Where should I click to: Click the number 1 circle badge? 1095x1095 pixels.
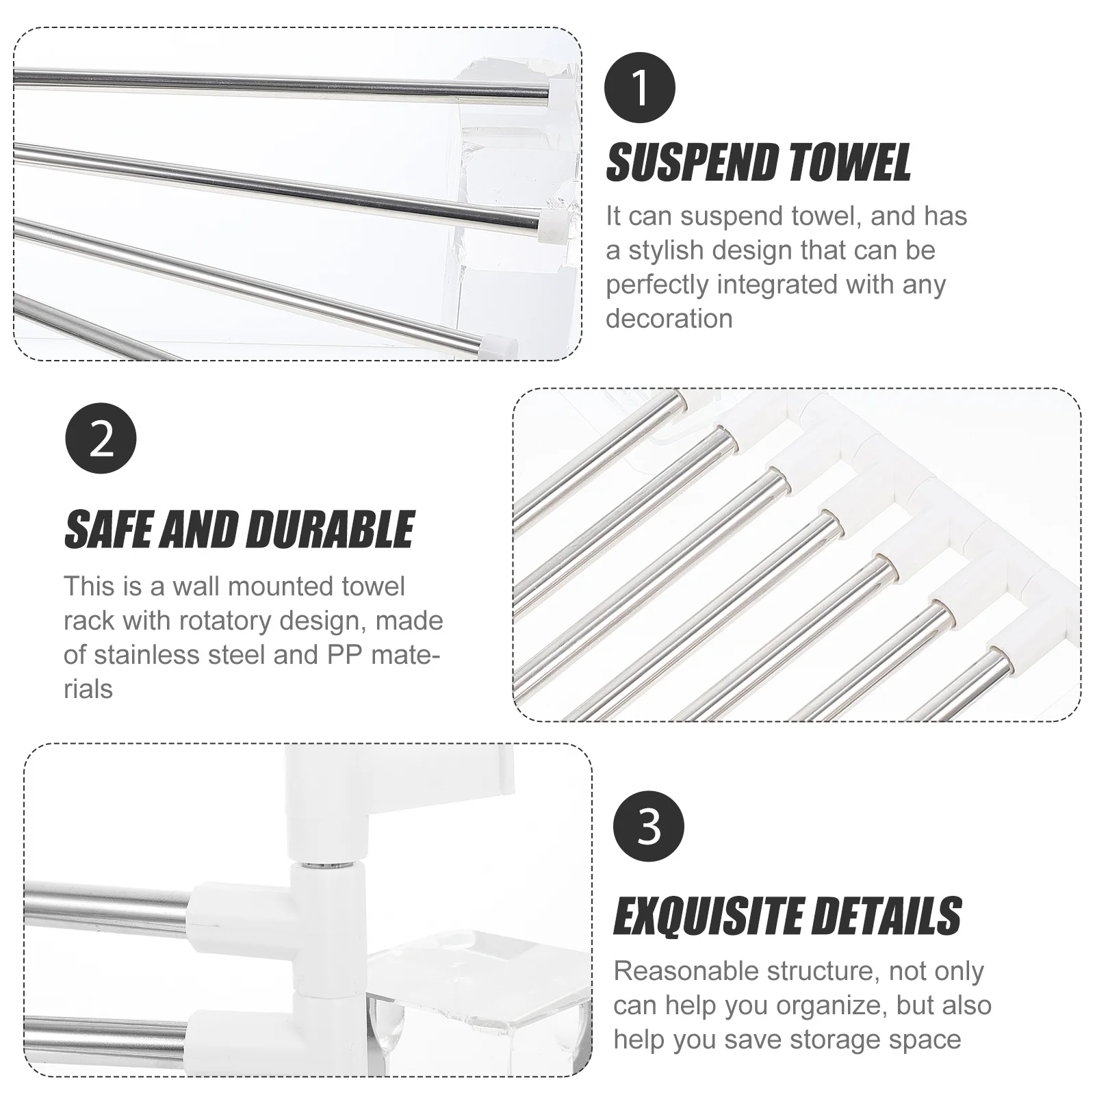click(640, 88)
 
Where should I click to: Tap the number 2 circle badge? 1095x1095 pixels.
click(101, 439)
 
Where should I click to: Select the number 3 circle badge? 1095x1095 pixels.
click(648, 826)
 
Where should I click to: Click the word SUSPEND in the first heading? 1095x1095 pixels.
click(691, 163)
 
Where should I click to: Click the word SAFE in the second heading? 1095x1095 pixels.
click(109, 530)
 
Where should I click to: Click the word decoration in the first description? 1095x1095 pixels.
click(669, 319)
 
